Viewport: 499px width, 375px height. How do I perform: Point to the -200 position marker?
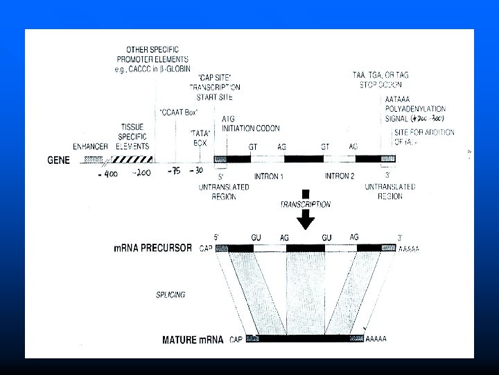pos(143,172)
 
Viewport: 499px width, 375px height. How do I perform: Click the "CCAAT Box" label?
pos(180,112)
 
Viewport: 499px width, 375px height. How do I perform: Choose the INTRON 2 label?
pos(340,176)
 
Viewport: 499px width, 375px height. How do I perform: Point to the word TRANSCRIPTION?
pos(305,205)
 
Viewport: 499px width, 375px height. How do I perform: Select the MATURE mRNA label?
pos(193,340)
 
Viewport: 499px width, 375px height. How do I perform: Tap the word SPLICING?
pos(170,294)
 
